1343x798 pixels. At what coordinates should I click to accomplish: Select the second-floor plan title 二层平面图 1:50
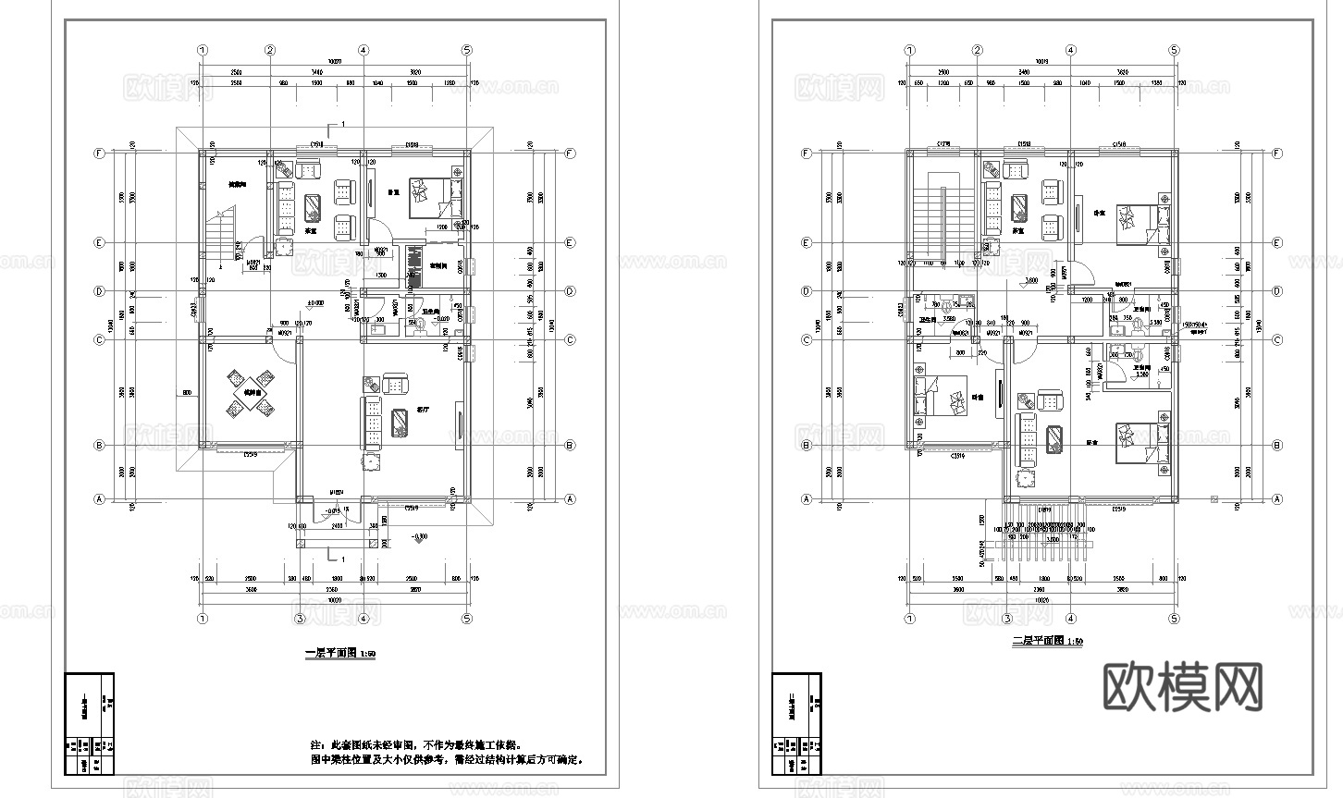point(1047,641)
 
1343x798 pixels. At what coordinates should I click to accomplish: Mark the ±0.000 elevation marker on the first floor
point(316,301)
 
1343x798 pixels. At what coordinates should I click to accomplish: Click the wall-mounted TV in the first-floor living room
point(461,424)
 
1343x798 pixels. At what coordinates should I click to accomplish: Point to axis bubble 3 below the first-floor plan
point(299,619)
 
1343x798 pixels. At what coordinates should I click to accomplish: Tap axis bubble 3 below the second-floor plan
point(1006,619)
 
